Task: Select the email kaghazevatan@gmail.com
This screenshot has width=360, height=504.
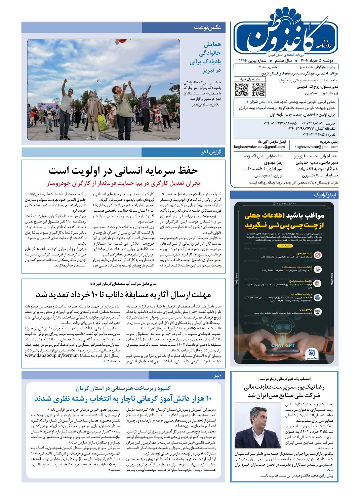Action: click(316, 146)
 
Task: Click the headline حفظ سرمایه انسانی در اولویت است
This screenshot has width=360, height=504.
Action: click(123, 170)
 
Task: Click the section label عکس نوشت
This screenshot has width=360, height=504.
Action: click(207, 28)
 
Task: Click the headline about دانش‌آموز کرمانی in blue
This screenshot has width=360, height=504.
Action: click(123, 399)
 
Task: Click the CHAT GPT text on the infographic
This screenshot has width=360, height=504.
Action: click(283, 345)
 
